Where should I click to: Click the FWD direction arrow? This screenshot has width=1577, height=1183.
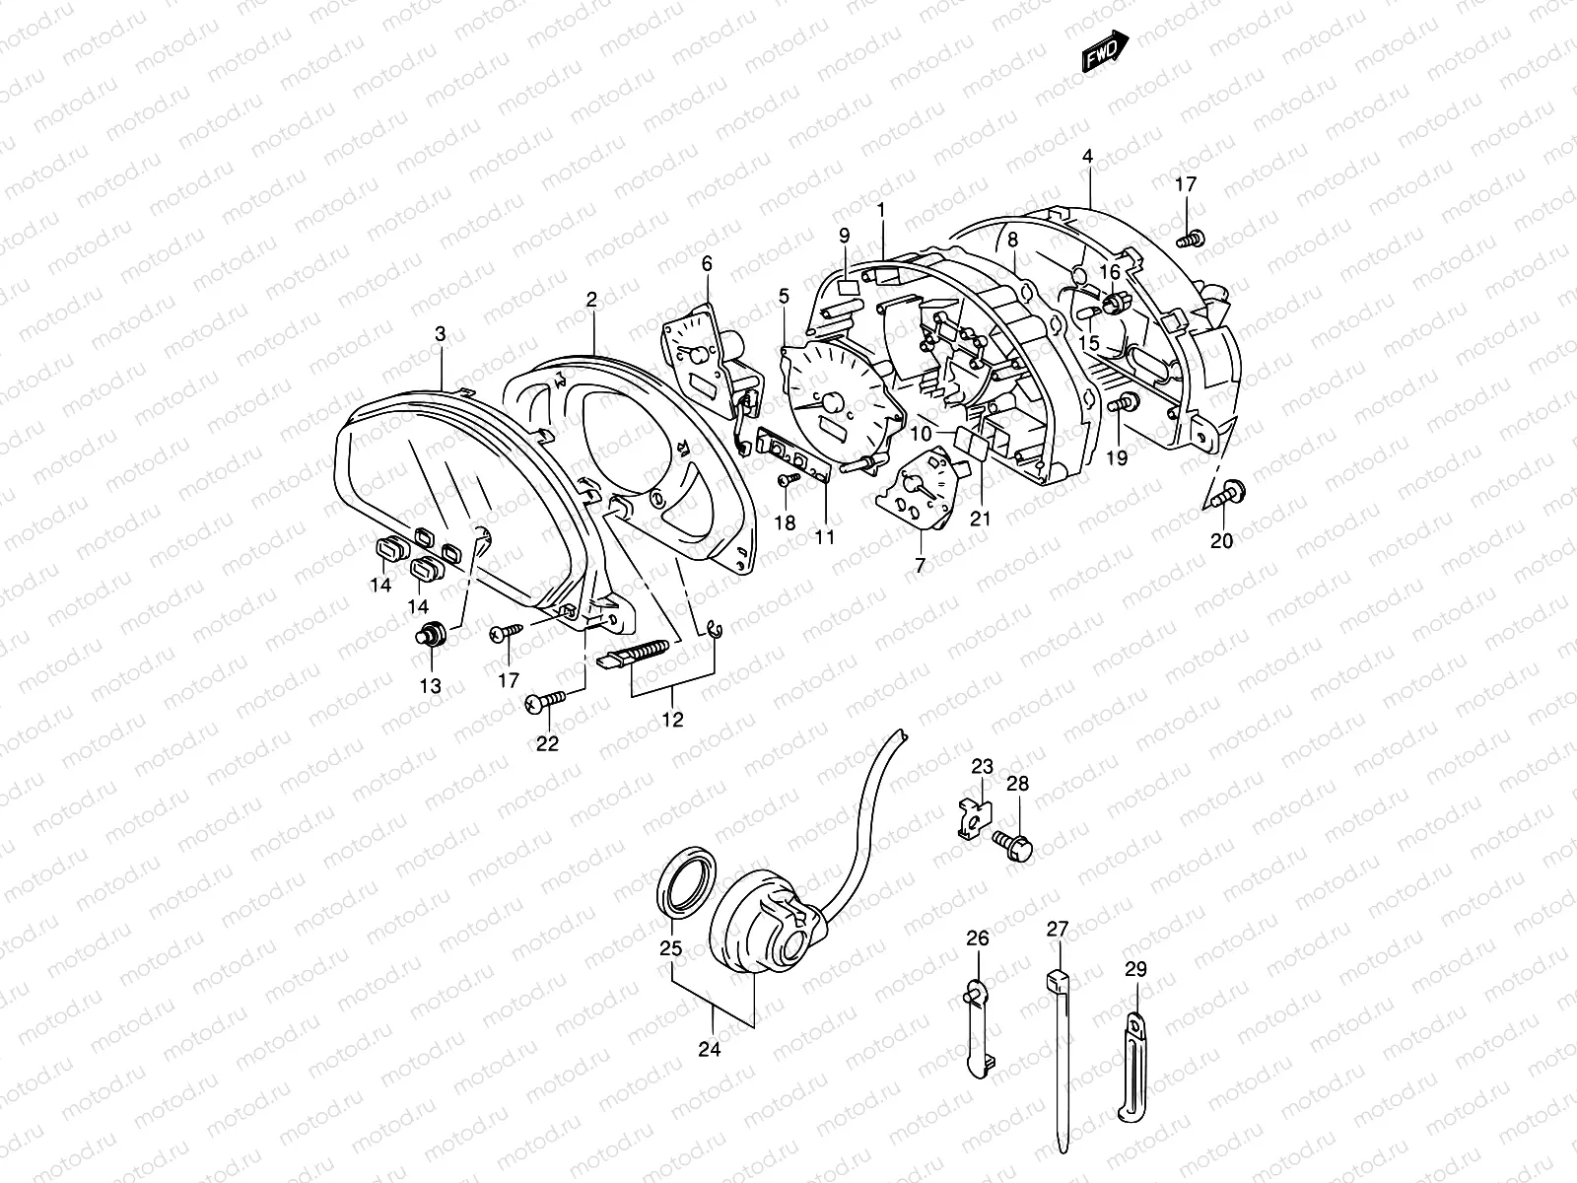1105,51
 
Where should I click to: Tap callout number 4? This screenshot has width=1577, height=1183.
1087,157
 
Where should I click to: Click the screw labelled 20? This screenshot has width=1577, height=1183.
1228,492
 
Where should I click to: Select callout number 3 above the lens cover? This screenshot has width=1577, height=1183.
441,335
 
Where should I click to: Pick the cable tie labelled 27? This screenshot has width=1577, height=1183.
1060,1065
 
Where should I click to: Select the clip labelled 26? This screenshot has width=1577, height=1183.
977,1025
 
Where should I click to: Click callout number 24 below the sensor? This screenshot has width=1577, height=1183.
710,1050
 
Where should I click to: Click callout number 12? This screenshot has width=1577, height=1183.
672,720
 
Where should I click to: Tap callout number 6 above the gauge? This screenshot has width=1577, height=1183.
707,263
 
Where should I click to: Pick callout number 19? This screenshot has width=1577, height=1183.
1117,457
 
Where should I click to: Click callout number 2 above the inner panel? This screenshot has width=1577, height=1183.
591,300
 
